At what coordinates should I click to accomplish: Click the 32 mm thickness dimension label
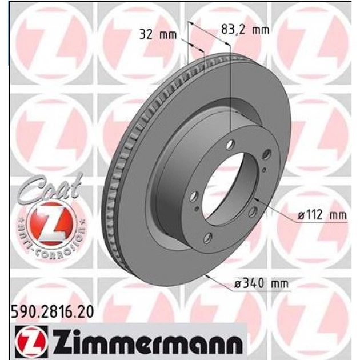(158, 35)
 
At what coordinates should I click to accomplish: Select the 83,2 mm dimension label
(245, 30)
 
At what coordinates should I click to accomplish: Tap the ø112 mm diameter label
(322, 215)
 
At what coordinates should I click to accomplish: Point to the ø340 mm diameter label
(261, 284)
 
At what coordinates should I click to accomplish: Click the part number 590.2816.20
(53, 312)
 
